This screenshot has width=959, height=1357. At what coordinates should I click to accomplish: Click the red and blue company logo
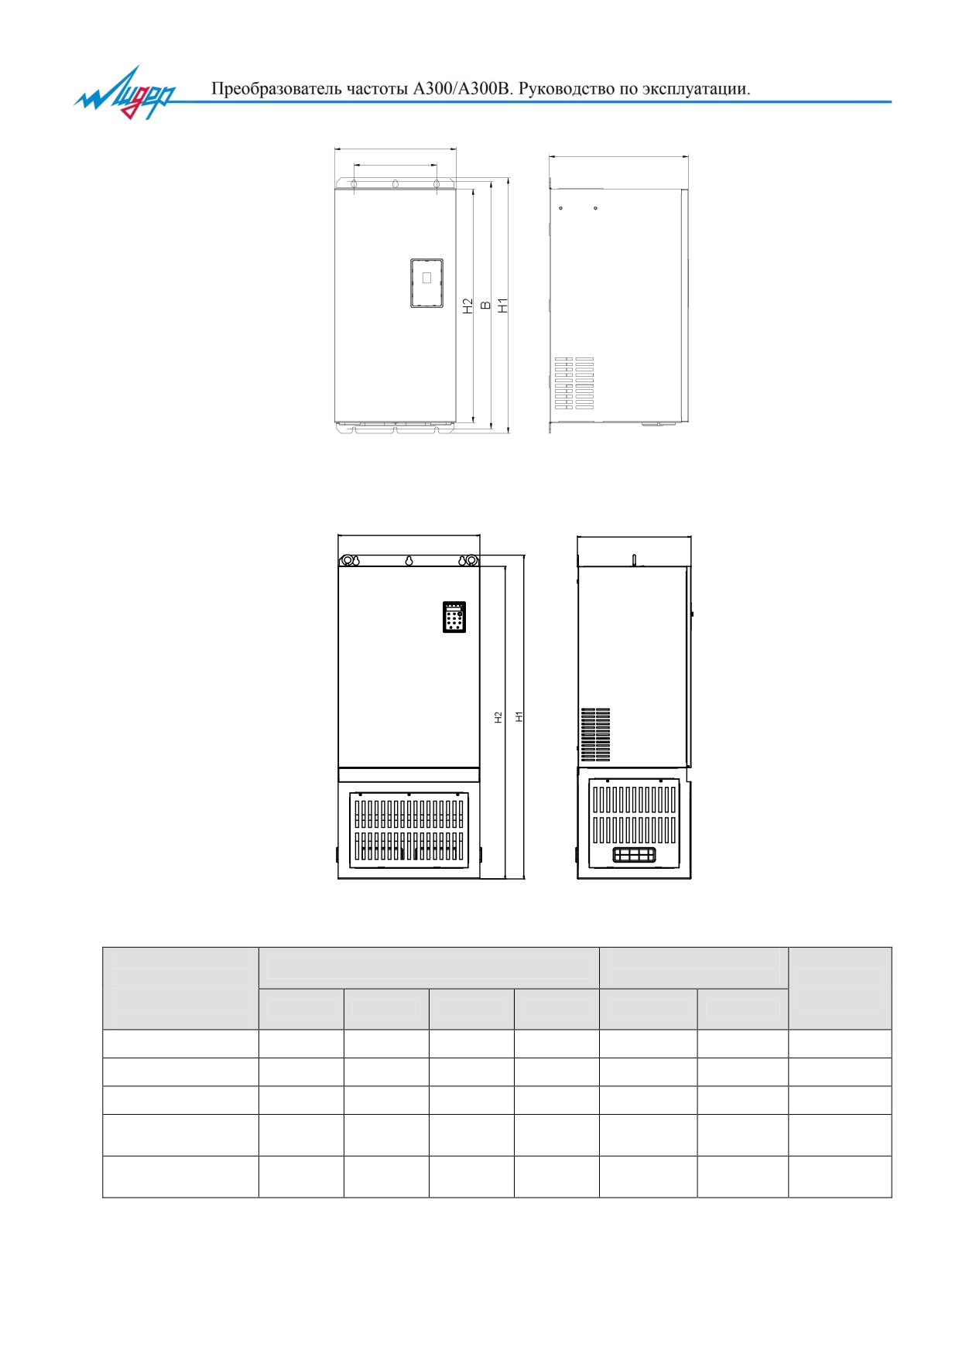tap(125, 93)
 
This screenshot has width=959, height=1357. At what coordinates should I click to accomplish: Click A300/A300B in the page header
tap(463, 89)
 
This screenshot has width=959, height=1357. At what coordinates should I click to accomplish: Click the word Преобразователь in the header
tap(276, 89)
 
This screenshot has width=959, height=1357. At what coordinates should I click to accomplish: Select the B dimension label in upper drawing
tap(486, 306)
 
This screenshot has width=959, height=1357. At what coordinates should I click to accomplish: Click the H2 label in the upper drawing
tap(468, 306)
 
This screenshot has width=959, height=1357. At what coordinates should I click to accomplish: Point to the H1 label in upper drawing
tap(503, 306)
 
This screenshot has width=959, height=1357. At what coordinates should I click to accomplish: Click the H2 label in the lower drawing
tap(498, 717)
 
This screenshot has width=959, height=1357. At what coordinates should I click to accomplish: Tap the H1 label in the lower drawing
tap(519, 717)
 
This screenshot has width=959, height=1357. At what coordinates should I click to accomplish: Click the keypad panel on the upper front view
tap(426, 283)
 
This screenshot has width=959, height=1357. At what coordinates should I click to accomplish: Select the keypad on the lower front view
tap(454, 617)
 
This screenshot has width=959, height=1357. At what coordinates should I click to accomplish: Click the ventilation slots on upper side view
tap(574, 383)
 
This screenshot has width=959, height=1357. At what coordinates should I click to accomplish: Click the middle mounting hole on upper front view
tap(395, 184)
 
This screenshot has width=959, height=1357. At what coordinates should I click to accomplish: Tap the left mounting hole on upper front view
tap(354, 184)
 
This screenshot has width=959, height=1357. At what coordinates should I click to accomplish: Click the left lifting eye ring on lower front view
tap(348, 560)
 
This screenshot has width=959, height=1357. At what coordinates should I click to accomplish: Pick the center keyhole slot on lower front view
tap(409, 561)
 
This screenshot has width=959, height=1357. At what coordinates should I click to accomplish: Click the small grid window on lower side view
tap(634, 854)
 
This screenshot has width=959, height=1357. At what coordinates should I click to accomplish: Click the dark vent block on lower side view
tap(596, 734)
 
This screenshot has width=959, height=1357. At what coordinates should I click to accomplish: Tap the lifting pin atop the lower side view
tap(634, 559)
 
